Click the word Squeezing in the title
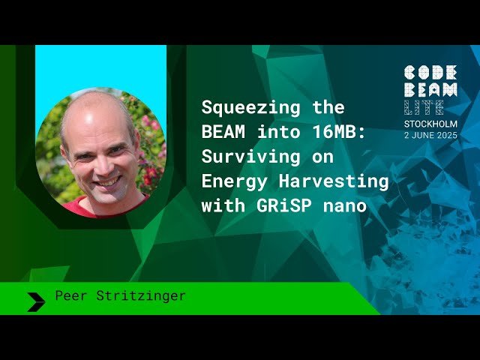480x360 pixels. [x=246, y=106]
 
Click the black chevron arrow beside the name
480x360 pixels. [x=35, y=301]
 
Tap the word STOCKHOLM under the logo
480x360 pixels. [x=430, y=124]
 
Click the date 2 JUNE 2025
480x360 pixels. [x=430, y=135]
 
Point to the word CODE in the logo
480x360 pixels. [x=430, y=73]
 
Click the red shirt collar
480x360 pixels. [x=82, y=208]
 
